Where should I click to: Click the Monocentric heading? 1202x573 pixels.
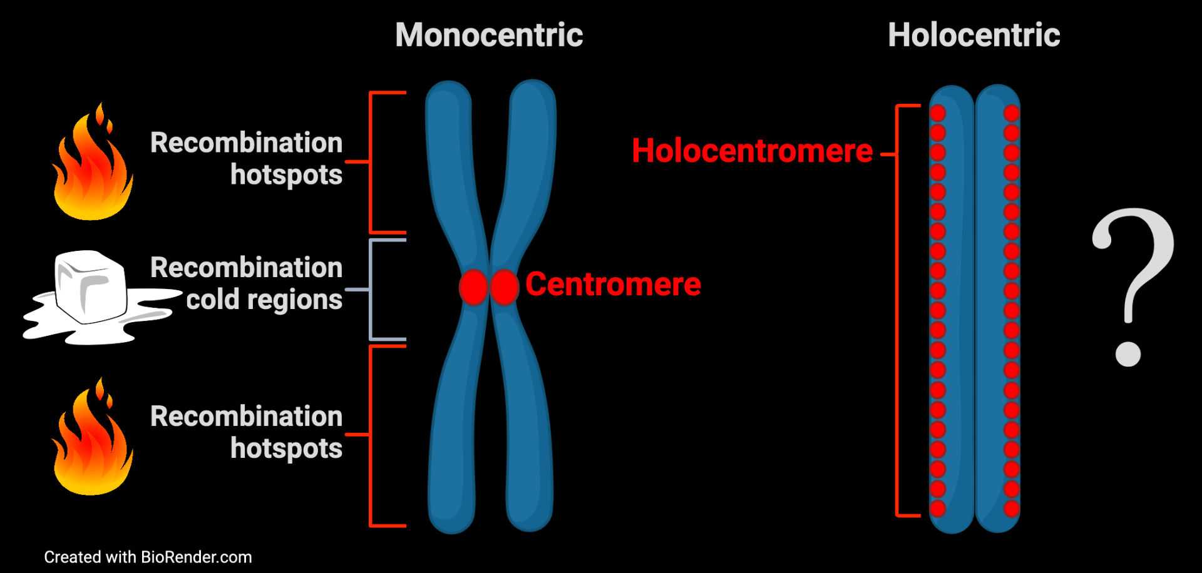[489, 35]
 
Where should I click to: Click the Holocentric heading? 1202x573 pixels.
[973, 35]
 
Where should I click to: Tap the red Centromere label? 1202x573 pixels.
[613, 285]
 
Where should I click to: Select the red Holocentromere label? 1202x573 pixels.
[752, 151]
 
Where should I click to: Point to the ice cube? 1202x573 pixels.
[91, 288]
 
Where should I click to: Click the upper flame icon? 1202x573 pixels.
[92, 166]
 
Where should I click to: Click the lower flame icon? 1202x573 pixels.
[92, 440]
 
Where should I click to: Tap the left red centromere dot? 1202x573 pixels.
[473, 287]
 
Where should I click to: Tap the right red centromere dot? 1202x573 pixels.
[505, 287]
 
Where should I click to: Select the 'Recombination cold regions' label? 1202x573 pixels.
[246, 283]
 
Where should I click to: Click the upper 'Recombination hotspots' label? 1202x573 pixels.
[246, 158]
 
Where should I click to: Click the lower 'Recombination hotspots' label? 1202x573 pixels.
[246, 432]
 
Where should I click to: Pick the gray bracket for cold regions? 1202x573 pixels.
[372, 290]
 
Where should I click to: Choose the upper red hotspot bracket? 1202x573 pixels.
[371, 162]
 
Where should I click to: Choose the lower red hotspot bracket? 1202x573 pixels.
[371, 435]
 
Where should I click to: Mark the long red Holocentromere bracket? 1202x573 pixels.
[898, 311]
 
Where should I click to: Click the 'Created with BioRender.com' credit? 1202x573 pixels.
[148, 557]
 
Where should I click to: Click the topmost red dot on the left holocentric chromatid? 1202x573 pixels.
[937, 113]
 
